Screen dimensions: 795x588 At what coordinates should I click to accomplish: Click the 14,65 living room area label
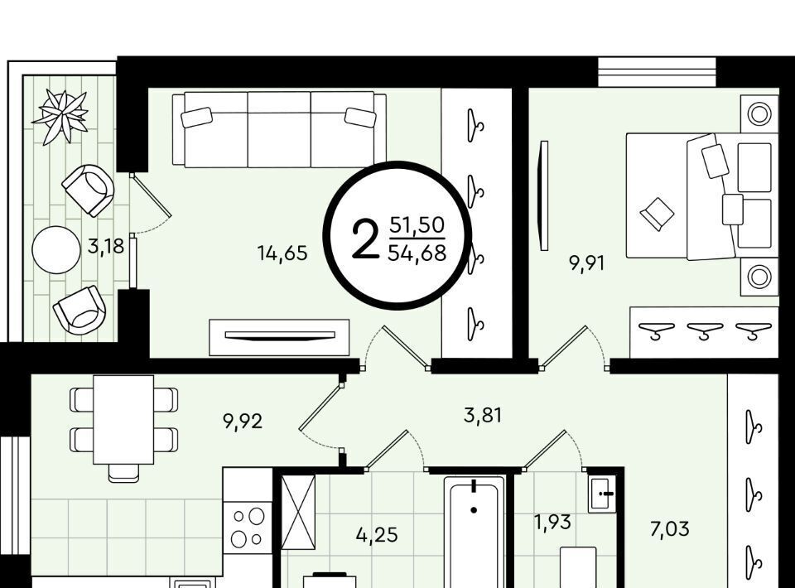coord(282,253)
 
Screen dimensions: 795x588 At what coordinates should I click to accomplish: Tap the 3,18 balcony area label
coord(106,246)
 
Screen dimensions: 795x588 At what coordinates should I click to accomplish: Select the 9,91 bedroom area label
coord(586,263)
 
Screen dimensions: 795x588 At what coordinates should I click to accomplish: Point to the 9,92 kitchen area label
coord(243,421)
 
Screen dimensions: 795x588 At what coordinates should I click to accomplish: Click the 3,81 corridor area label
coord(483,415)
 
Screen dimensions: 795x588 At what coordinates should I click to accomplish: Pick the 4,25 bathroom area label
coord(377,535)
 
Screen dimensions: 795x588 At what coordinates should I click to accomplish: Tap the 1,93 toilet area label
coord(553,522)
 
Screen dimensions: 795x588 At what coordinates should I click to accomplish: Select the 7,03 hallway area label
coord(670,529)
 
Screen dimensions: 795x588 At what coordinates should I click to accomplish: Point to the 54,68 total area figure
coord(417,252)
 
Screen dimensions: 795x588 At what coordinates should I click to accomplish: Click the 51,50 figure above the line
coord(417,224)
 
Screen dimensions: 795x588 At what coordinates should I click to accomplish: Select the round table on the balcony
coord(56,250)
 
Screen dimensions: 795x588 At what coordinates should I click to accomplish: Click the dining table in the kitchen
coord(123,420)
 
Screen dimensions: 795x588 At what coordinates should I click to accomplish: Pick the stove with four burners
coord(248,526)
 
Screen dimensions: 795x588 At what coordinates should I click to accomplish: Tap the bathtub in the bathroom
coord(475,532)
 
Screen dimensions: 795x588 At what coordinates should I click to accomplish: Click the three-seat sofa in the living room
coord(279,129)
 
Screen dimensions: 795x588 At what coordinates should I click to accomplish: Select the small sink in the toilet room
coord(602,494)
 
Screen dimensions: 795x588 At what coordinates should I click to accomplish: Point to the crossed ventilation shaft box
coord(298,513)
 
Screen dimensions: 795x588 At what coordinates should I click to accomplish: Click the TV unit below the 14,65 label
coord(279,337)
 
